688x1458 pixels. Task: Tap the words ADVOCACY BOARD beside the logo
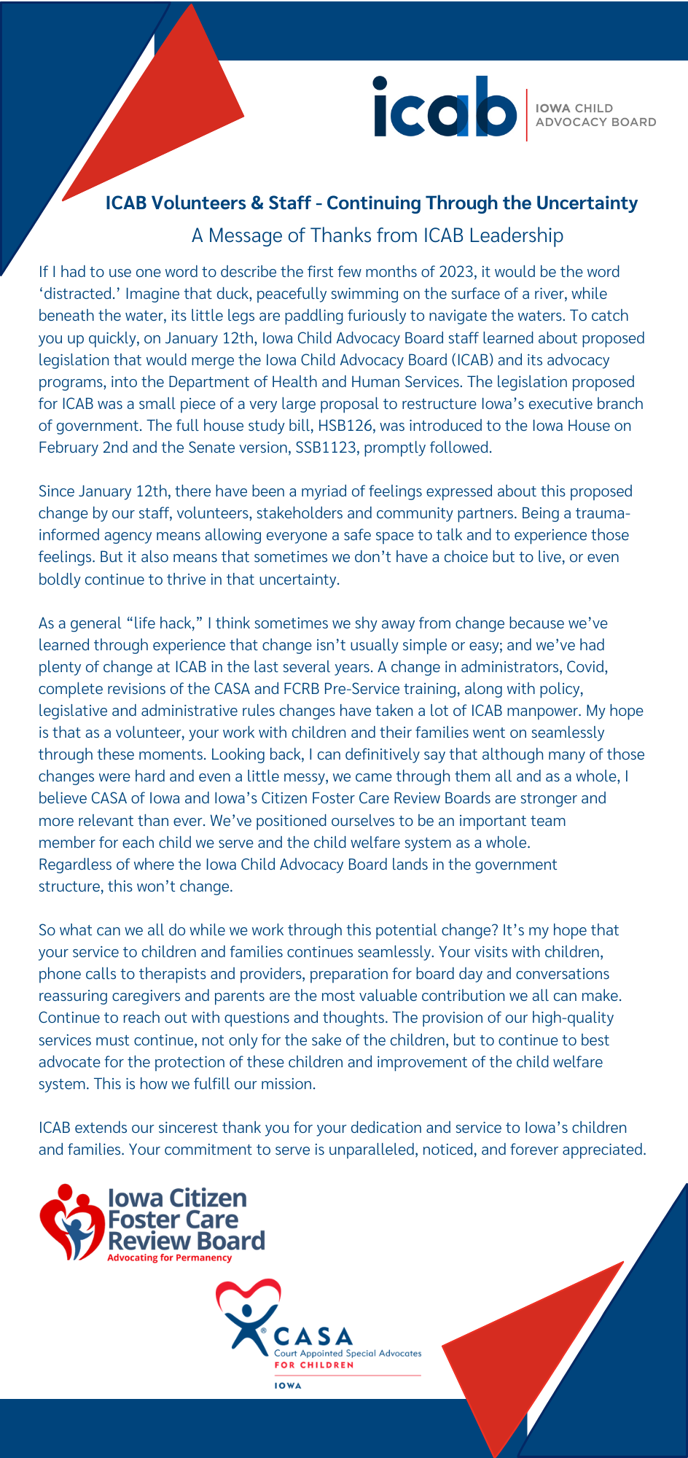coord(595,122)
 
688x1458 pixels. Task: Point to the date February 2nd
coord(83,448)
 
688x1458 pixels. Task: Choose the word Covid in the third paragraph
coord(587,667)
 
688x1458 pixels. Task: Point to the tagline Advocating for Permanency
coord(169,1258)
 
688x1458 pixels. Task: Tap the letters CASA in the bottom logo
coord(313,1337)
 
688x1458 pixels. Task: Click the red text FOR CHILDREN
coord(313,1365)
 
